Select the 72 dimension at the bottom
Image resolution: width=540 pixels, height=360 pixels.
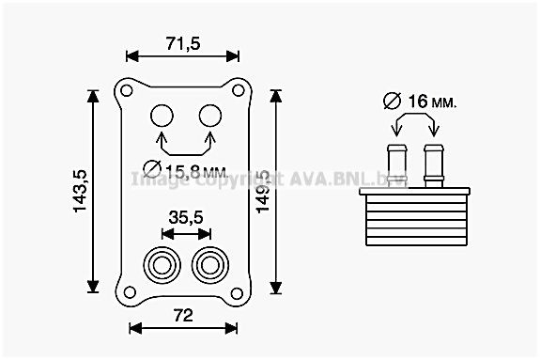click(x=183, y=315)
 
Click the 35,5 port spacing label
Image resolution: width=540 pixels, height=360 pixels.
click(x=185, y=217)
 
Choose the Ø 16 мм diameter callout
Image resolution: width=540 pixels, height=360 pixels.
click(x=419, y=101)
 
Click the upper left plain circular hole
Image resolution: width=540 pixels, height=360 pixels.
click(x=163, y=117)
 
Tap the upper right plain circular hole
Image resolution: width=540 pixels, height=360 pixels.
click(x=208, y=117)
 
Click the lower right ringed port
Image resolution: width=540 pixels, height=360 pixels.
click(x=208, y=263)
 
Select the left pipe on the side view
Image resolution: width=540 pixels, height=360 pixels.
click(x=396, y=164)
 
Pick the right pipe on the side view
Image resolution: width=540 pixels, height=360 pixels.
click(x=433, y=164)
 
